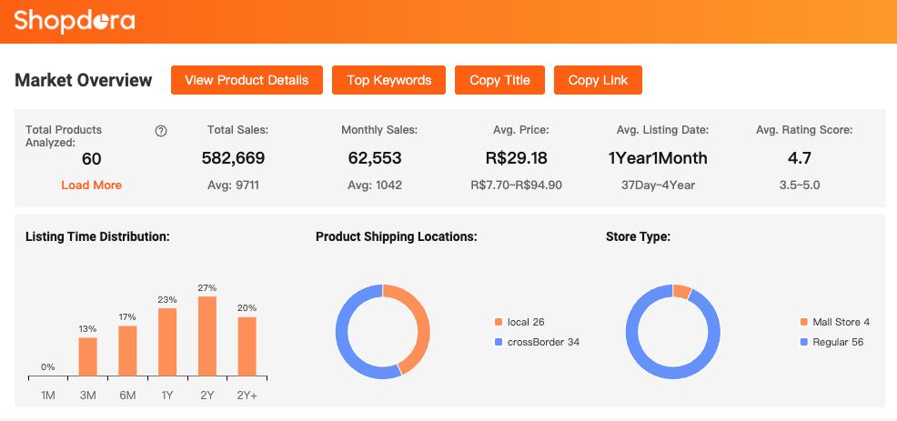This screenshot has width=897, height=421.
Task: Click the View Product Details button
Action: point(247,80)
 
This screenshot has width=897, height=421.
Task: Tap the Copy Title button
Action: point(499,80)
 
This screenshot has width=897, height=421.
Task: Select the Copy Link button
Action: point(598,80)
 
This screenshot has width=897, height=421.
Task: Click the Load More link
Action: point(91,185)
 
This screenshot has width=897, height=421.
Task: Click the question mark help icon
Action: point(161,131)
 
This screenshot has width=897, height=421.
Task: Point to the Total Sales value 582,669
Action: point(233,158)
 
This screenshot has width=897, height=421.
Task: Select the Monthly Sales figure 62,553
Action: point(375,158)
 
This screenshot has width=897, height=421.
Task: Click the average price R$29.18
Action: point(516,158)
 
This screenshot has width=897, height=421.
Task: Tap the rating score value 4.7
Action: point(800,158)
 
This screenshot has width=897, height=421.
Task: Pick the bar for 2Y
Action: point(207,336)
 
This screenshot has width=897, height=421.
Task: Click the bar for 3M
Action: point(87,356)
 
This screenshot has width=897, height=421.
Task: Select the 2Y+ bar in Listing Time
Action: point(247,346)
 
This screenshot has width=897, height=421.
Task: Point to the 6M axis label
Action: point(127,395)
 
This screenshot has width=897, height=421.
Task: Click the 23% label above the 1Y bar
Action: point(167,299)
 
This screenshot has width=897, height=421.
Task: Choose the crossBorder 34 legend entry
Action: point(537,342)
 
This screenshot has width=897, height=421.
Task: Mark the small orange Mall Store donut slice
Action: point(681,292)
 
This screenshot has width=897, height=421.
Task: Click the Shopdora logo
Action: point(75,20)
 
